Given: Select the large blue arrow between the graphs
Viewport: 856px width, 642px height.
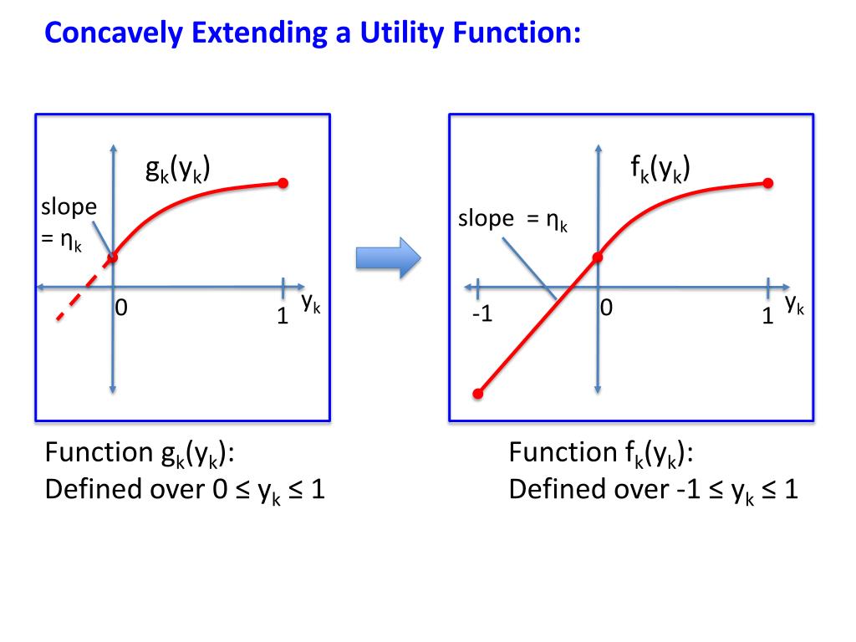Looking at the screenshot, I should (x=386, y=257).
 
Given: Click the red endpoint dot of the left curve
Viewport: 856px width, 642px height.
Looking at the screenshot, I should (x=283, y=183).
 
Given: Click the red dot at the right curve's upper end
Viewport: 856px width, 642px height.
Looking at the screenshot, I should (x=768, y=183).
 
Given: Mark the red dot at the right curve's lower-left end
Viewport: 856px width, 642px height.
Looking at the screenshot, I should (x=478, y=393).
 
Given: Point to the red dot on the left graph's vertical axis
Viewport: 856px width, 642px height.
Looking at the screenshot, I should (x=113, y=257).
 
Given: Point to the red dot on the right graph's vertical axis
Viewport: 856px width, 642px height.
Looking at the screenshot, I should (x=599, y=257).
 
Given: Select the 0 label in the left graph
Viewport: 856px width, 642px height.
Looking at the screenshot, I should (x=122, y=308).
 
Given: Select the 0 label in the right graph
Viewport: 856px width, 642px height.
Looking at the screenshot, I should (x=606, y=309).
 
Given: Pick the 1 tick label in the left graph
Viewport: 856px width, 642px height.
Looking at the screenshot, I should (x=283, y=316).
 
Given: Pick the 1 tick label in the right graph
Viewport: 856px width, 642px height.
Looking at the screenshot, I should (x=767, y=317).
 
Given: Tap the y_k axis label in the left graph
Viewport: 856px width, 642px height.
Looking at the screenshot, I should (x=311, y=305).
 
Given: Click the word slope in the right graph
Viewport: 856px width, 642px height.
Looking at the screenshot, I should (x=486, y=219).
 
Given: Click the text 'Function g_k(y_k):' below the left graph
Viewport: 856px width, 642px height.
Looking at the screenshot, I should (x=140, y=454).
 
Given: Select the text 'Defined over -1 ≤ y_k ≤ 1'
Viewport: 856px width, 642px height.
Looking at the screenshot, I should (x=654, y=490).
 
